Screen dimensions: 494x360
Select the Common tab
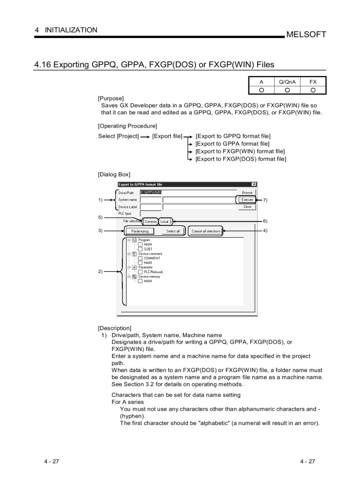point(151,222)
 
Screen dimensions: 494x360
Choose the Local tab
point(165,222)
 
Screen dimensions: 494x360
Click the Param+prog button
point(140,232)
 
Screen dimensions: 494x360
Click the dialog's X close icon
point(254,184)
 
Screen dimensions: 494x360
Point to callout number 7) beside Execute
point(265,199)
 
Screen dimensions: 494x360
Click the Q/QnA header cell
point(284,82)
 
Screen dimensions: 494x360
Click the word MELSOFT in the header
point(306,34)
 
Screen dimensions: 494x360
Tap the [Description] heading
point(114,327)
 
